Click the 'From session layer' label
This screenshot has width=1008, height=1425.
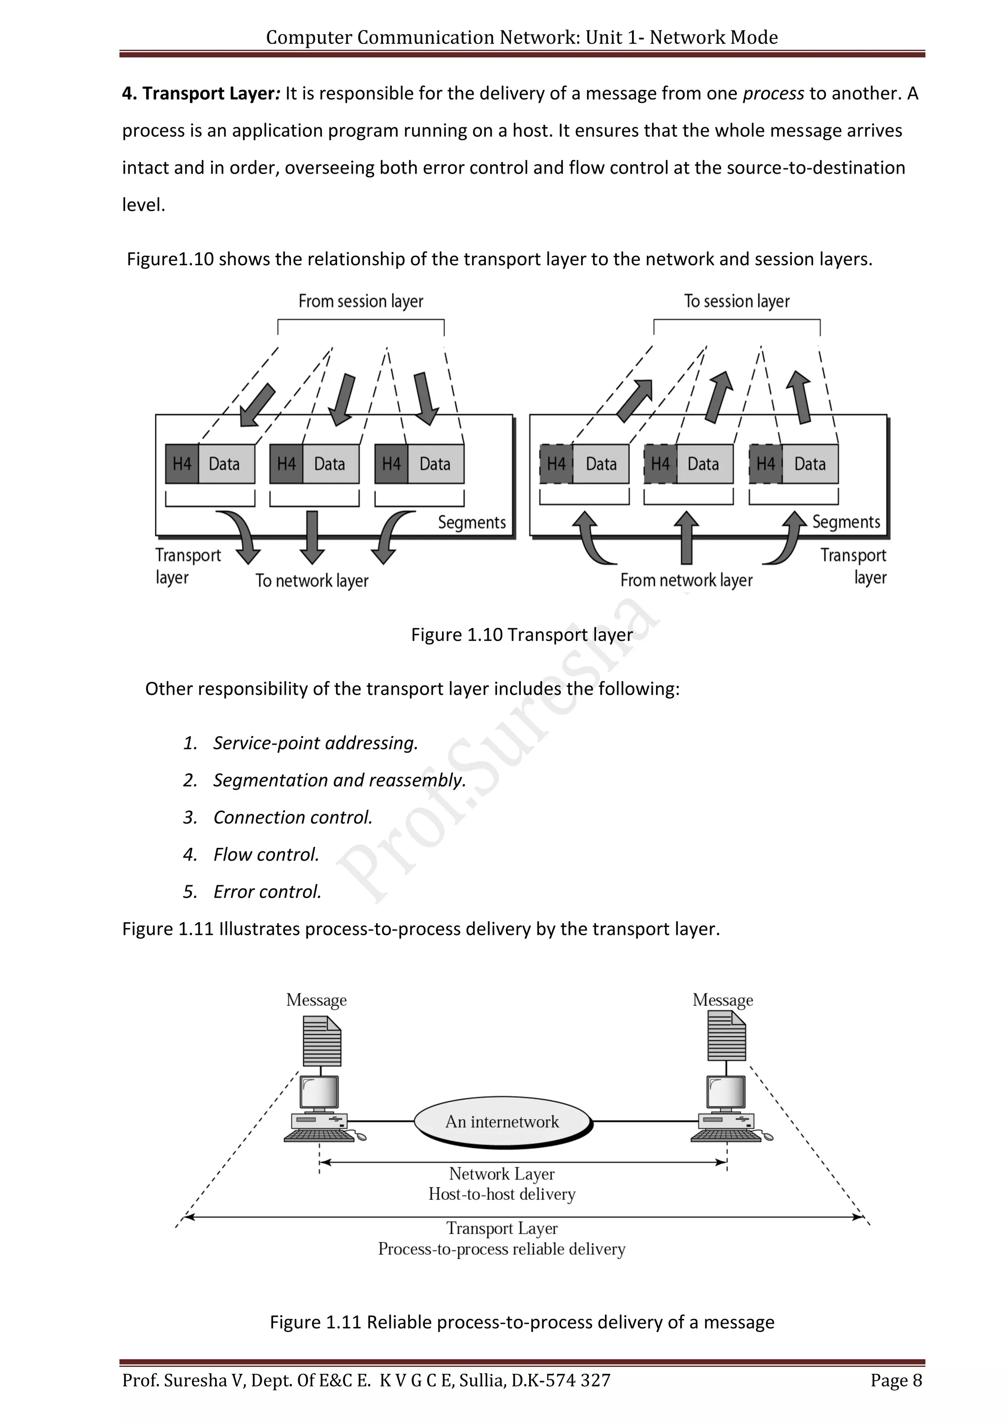[x=361, y=302]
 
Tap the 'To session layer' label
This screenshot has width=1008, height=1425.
[x=737, y=302]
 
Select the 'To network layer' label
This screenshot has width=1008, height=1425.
[x=312, y=581]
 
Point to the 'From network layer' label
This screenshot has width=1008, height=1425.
[x=686, y=581]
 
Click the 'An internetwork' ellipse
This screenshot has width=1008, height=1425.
[x=502, y=1121]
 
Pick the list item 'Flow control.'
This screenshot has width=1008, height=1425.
[x=266, y=855]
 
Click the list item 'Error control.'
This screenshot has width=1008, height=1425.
[x=267, y=892]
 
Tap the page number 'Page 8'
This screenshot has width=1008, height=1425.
[x=896, y=1380]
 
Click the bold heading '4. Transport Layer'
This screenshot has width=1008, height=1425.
[x=199, y=93]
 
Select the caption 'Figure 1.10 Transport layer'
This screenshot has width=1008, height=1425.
[x=521, y=635]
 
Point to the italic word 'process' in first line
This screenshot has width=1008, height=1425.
[x=773, y=93]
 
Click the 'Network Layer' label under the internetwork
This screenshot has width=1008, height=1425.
[x=502, y=1174]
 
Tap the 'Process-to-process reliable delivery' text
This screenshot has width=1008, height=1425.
[x=502, y=1249]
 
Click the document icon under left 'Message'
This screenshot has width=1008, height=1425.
[x=321, y=1040]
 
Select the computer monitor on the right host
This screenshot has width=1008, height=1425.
[x=725, y=1092]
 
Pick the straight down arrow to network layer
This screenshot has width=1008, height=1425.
[x=312, y=536]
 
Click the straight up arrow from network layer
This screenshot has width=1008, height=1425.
[x=686, y=537]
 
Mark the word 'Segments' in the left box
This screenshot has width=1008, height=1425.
[x=472, y=523]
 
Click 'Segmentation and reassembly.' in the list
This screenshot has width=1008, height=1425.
[x=339, y=780]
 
